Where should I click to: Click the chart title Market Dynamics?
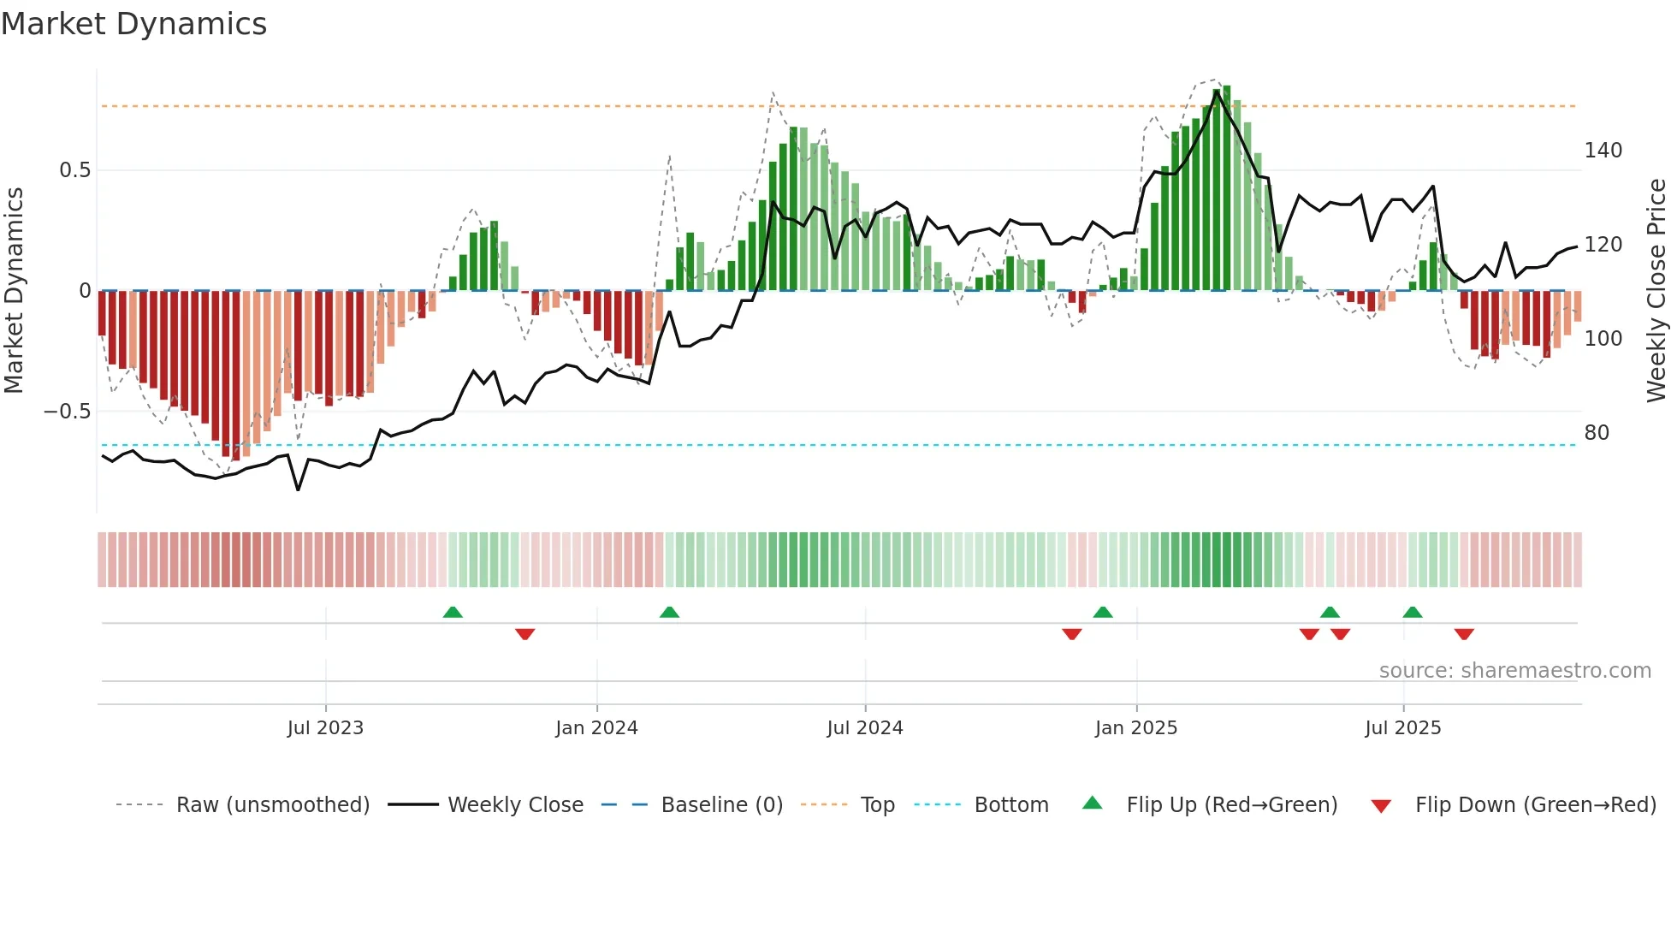click(133, 24)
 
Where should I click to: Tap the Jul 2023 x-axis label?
click(325, 728)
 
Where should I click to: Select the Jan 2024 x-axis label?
click(596, 728)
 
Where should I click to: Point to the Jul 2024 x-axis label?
click(864, 728)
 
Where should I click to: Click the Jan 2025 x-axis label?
click(1135, 728)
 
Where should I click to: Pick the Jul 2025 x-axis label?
click(1402, 728)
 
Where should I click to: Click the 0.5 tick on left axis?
click(74, 170)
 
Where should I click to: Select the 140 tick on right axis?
click(1603, 151)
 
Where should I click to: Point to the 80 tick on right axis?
click(1597, 433)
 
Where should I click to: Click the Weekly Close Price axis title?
click(1656, 291)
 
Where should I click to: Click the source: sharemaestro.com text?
click(1514, 671)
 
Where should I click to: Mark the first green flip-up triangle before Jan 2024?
click(453, 612)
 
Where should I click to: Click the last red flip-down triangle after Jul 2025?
click(1464, 634)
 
